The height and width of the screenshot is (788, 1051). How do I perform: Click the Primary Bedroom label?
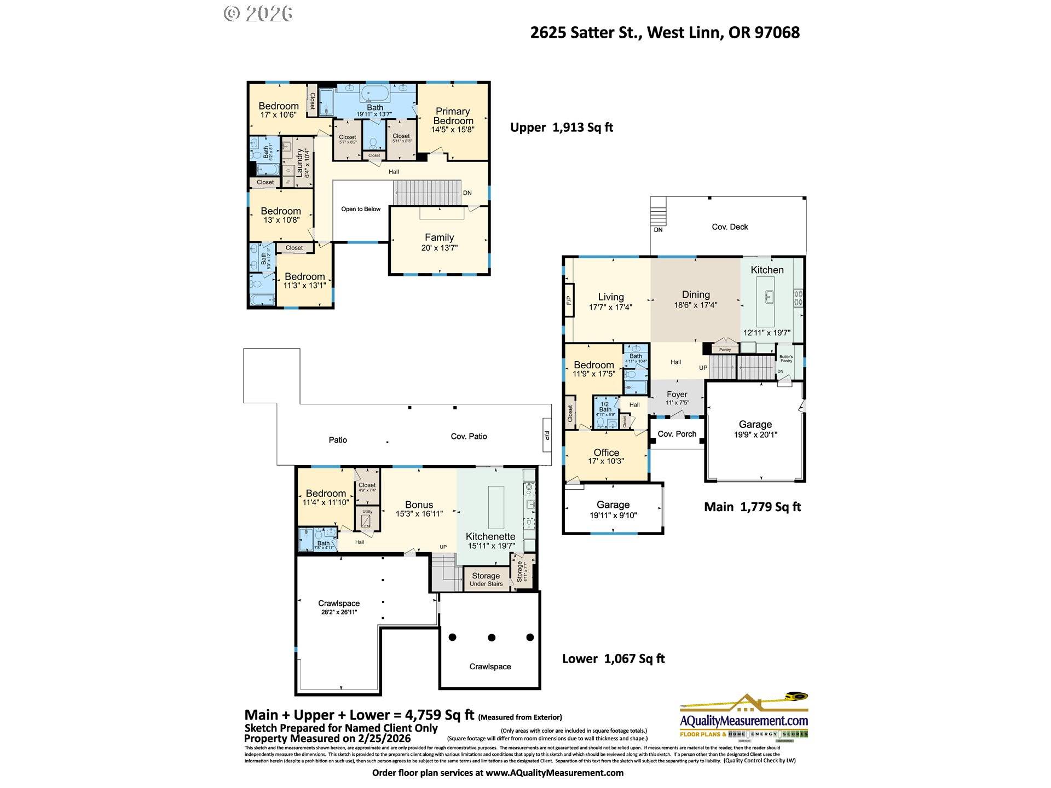453,116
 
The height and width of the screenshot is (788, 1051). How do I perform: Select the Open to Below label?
361,209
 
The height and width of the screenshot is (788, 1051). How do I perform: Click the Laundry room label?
300,163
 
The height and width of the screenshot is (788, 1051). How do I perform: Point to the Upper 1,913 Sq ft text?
561,128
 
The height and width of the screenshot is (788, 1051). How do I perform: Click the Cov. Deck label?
730,227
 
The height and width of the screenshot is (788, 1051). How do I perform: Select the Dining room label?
696,294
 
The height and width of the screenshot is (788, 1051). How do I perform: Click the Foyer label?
677,394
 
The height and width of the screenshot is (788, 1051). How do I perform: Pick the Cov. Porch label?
677,434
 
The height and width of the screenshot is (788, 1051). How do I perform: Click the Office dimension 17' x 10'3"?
606,461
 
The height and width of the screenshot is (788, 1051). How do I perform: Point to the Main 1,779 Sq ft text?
752,507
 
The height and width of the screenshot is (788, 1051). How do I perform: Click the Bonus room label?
419,505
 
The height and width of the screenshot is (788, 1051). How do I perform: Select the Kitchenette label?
490,536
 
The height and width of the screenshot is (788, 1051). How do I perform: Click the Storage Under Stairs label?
486,579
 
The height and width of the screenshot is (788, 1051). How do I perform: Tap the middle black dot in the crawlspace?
492,638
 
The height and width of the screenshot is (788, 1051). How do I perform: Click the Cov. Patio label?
469,436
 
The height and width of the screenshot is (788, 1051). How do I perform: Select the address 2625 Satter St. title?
665,32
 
